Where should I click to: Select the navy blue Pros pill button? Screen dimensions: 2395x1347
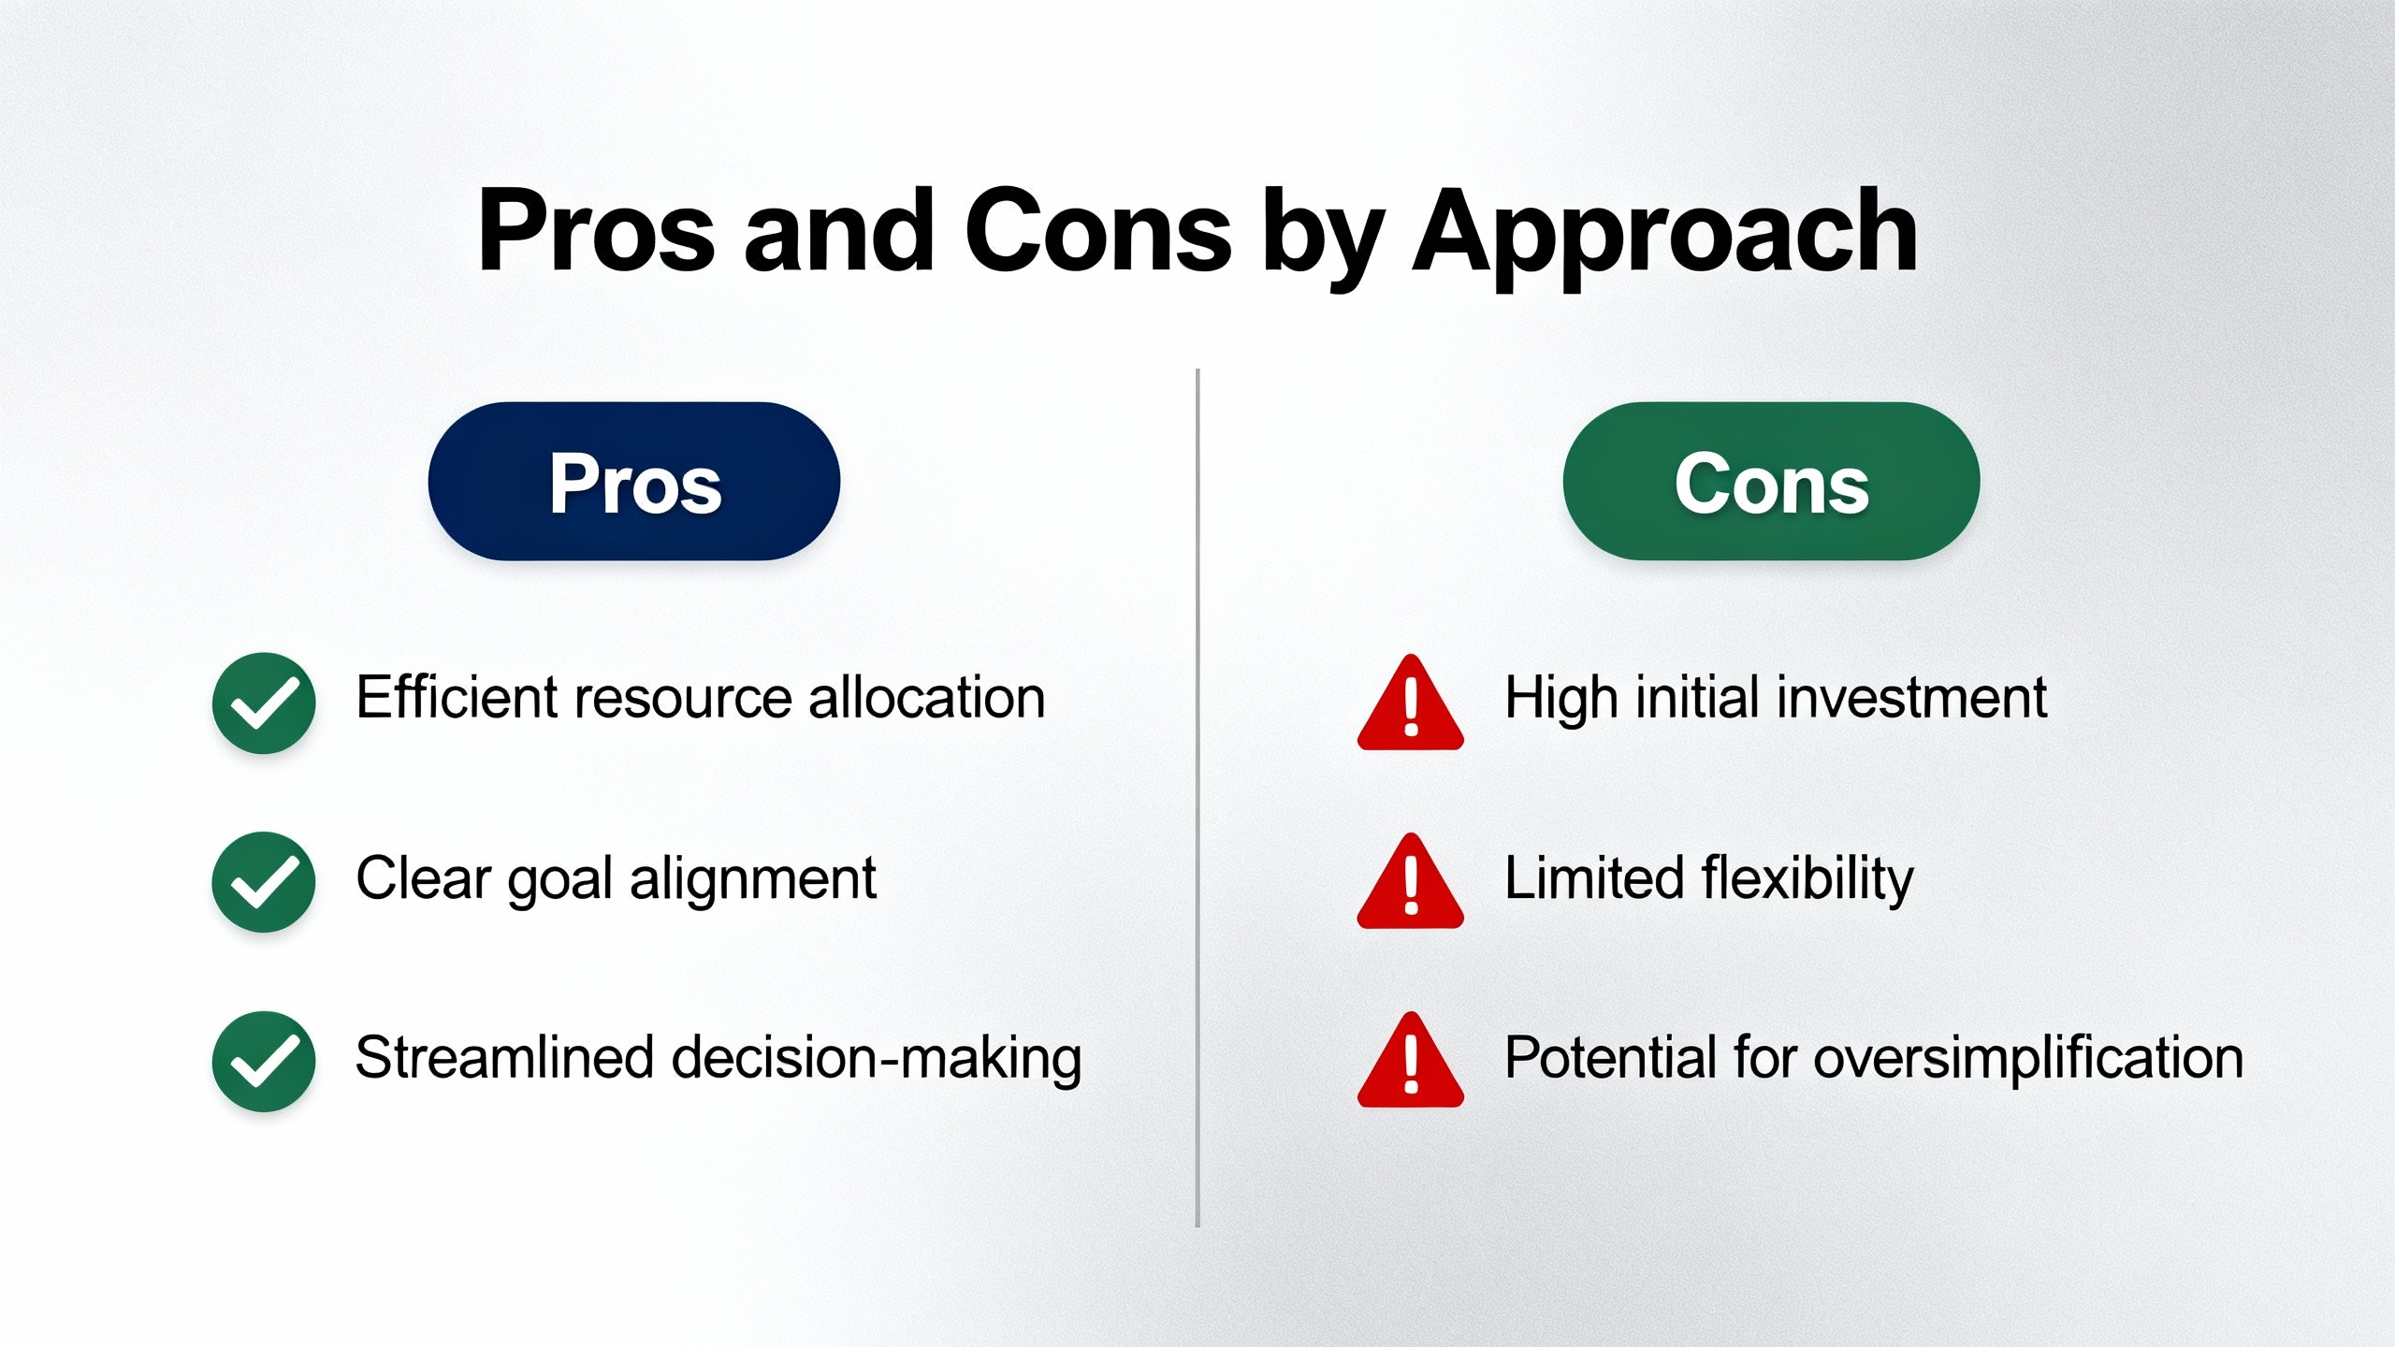(634, 482)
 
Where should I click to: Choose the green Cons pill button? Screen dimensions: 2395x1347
(1771, 482)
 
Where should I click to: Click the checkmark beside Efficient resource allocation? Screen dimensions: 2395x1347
(264, 702)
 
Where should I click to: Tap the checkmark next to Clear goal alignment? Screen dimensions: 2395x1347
(264, 882)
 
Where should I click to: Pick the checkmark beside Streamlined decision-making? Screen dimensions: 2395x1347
(264, 1062)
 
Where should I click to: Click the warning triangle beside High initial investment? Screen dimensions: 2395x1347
(1410, 703)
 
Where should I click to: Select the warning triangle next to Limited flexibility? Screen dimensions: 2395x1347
(1410, 882)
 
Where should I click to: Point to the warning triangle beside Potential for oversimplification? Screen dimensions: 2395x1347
(1410, 1061)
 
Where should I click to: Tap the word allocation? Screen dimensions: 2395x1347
(926, 697)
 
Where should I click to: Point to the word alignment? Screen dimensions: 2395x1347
(753, 880)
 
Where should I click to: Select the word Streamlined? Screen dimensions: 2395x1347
(504, 1057)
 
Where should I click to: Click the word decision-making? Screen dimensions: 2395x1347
(877, 1060)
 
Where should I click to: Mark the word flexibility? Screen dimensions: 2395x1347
(1807, 879)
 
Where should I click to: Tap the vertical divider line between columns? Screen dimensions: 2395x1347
(1197, 798)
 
